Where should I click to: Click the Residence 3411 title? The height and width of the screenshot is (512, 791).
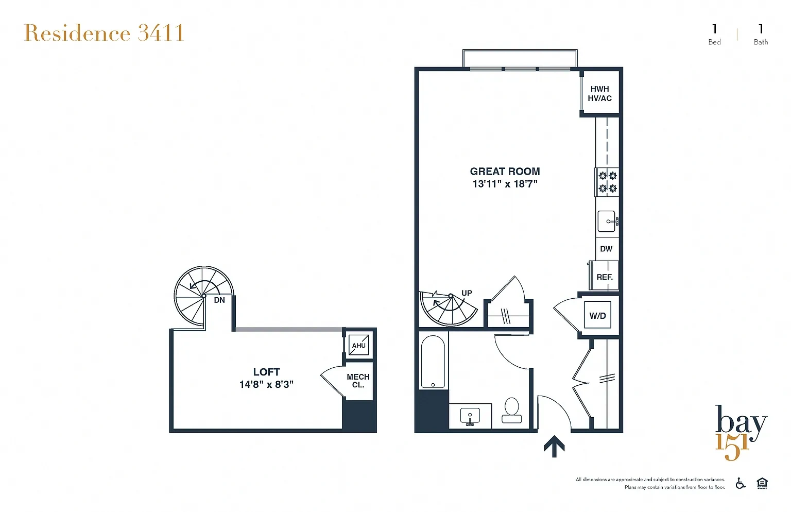click(x=104, y=33)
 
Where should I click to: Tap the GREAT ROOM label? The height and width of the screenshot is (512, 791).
click(x=505, y=172)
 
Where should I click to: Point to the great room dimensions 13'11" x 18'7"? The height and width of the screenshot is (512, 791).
click(x=505, y=184)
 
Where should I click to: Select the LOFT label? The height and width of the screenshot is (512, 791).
click(x=267, y=372)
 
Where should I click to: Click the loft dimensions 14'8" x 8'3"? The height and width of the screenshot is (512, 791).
click(x=267, y=385)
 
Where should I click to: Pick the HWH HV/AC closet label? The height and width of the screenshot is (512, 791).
click(x=599, y=94)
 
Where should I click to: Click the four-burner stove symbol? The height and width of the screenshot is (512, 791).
click(x=607, y=182)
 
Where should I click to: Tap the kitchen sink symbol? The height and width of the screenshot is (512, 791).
click(x=608, y=221)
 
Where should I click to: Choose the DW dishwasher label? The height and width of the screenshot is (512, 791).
click(x=606, y=249)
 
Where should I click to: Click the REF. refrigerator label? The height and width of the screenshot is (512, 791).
click(x=605, y=277)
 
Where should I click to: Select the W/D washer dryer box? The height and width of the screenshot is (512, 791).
click(x=597, y=315)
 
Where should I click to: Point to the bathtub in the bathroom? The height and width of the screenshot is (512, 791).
click(x=433, y=362)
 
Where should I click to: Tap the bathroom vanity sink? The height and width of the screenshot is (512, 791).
click(x=470, y=417)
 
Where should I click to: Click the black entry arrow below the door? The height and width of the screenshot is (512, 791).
click(x=554, y=446)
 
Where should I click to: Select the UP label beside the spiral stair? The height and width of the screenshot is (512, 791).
click(x=467, y=293)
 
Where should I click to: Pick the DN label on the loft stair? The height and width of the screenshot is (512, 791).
click(x=219, y=300)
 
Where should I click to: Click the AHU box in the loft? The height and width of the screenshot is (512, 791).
click(x=359, y=345)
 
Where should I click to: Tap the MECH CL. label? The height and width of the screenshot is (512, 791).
click(x=358, y=381)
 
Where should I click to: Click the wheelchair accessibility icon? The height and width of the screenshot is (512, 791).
click(x=740, y=483)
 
